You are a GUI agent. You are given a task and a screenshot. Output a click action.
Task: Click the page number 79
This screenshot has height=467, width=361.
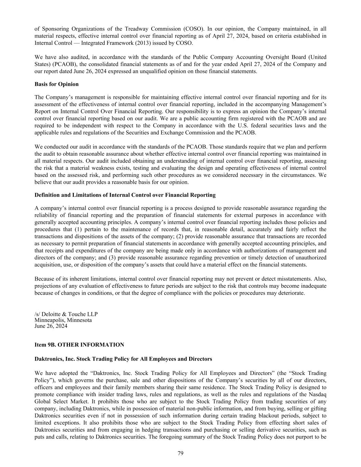(x=180, y=453)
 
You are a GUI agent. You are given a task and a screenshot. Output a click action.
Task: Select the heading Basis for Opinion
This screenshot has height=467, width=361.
(x=56, y=84)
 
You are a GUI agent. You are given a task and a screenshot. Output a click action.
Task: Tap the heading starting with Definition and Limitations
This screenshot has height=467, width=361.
(x=125, y=195)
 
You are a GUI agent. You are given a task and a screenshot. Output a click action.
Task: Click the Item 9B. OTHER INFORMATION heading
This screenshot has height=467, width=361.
(x=79, y=345)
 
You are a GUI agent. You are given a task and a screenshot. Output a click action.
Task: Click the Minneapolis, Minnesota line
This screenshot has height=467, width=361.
(x=63, y=320)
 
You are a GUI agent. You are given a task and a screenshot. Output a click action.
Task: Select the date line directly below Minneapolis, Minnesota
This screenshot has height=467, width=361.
(x=51, y=326)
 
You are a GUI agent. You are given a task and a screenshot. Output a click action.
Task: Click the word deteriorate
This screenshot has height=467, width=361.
(x=292, y=293)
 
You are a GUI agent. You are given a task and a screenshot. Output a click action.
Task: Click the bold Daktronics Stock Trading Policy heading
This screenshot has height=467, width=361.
(x=123, y=359)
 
